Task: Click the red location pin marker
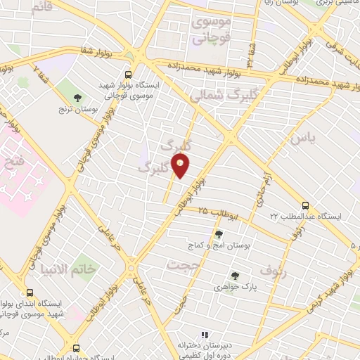click(181, 166)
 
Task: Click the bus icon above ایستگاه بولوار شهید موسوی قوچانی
click(128, 74)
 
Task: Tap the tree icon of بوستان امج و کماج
click(219, 234)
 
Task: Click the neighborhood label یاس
click(308, 138)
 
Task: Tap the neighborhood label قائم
click(43, 6)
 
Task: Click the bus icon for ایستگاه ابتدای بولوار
click(30, 292)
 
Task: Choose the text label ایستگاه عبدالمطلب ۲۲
click(309, 216)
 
